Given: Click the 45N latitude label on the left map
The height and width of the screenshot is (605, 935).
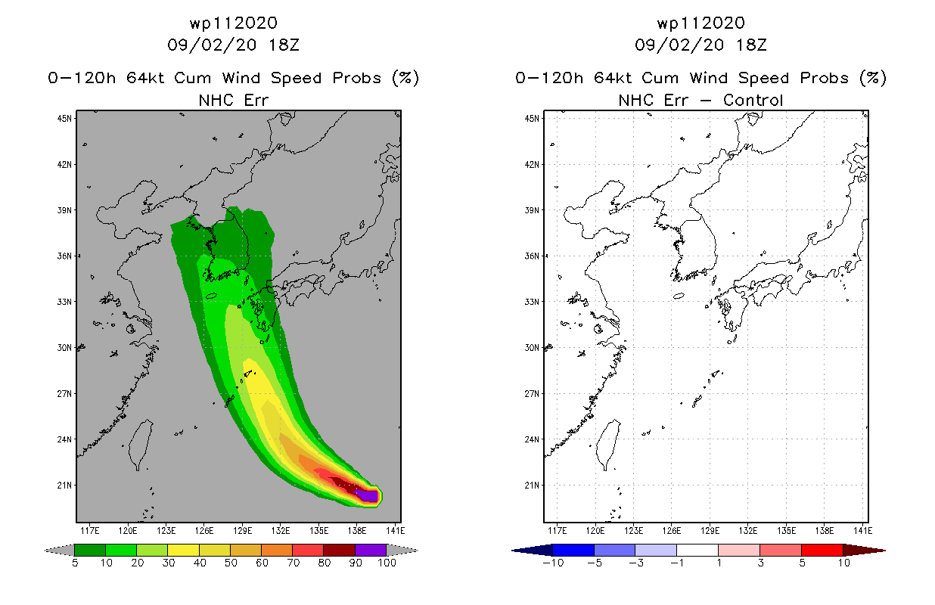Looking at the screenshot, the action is [x=64, y=119].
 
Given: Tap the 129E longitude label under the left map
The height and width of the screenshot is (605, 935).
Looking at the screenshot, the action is [x=243, y=531].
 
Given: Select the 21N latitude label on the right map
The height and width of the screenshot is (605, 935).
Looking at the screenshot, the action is [x=532, y=486].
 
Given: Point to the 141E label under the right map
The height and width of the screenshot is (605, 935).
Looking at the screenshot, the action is [x=863, y=531].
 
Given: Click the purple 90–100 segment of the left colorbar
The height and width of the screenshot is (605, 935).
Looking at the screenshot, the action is [x=371, y=550].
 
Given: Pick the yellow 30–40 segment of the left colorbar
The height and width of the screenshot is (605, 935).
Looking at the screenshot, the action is [x=184, y=550].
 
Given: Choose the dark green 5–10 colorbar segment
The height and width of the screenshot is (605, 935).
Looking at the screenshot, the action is [x=90, y=550].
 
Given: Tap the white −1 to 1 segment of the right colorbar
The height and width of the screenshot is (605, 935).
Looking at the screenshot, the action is [x=697, y=550].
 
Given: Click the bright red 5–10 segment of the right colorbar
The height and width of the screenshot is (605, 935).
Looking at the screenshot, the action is [x=822, y=550].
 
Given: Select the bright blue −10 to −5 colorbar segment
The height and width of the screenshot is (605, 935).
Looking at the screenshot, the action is [x=573, y=550].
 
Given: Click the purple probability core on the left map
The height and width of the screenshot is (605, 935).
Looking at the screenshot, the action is [x=368, y=495].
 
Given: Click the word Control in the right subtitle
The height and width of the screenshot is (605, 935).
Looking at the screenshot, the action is [x=753, y=100].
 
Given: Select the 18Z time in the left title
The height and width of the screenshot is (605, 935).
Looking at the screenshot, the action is [x=284, y=45].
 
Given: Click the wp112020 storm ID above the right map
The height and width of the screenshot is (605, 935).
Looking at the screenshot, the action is [x=700, y=23].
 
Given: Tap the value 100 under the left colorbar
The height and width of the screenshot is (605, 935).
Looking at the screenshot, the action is [x=387, y=563].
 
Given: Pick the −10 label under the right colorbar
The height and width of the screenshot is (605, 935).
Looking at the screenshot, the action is [x=554, y=563].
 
